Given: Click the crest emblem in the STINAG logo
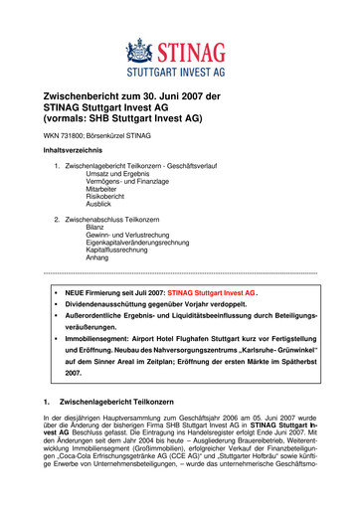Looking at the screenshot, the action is tap(139, 52).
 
